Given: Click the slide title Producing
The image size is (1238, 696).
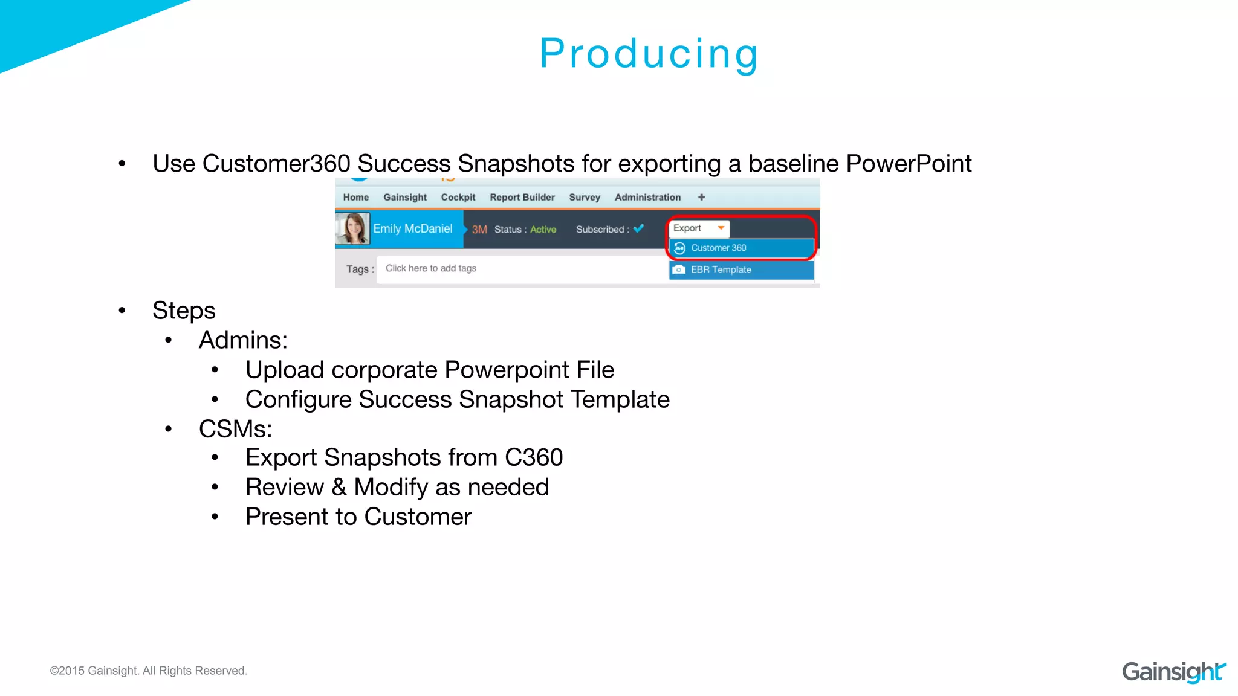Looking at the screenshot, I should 649,54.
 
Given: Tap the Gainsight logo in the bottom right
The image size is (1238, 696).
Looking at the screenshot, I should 1173,671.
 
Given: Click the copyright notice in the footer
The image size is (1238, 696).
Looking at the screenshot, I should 148,671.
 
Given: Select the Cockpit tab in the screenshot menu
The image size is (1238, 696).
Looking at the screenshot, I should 458,198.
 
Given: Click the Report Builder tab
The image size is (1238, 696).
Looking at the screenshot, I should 522,198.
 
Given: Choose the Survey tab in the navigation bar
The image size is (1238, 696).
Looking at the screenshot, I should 584,198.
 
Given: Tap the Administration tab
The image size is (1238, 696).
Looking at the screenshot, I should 647,198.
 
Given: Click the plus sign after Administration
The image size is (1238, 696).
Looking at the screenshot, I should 701,198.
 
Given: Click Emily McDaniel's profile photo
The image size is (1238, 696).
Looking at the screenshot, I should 353,228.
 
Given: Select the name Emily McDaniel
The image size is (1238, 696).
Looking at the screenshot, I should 412,229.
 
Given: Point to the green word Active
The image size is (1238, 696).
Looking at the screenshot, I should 543,230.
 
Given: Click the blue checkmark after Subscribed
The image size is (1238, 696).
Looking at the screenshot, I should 638,228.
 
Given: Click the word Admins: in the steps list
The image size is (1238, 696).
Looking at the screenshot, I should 243,340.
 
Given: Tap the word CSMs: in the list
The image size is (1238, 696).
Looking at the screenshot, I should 235,429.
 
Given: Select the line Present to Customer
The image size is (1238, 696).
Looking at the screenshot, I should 358,517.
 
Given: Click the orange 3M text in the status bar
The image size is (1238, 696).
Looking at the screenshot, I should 479,230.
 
